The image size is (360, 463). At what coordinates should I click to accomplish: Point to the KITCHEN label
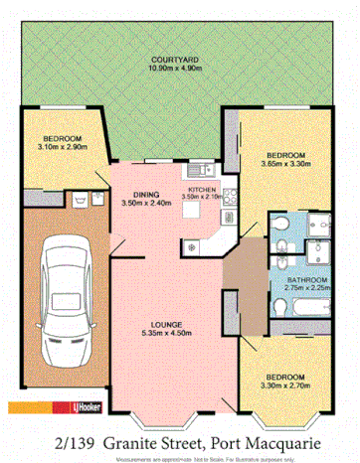click(202, 188)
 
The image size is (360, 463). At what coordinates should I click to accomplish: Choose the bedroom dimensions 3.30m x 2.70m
click(287, 386)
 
